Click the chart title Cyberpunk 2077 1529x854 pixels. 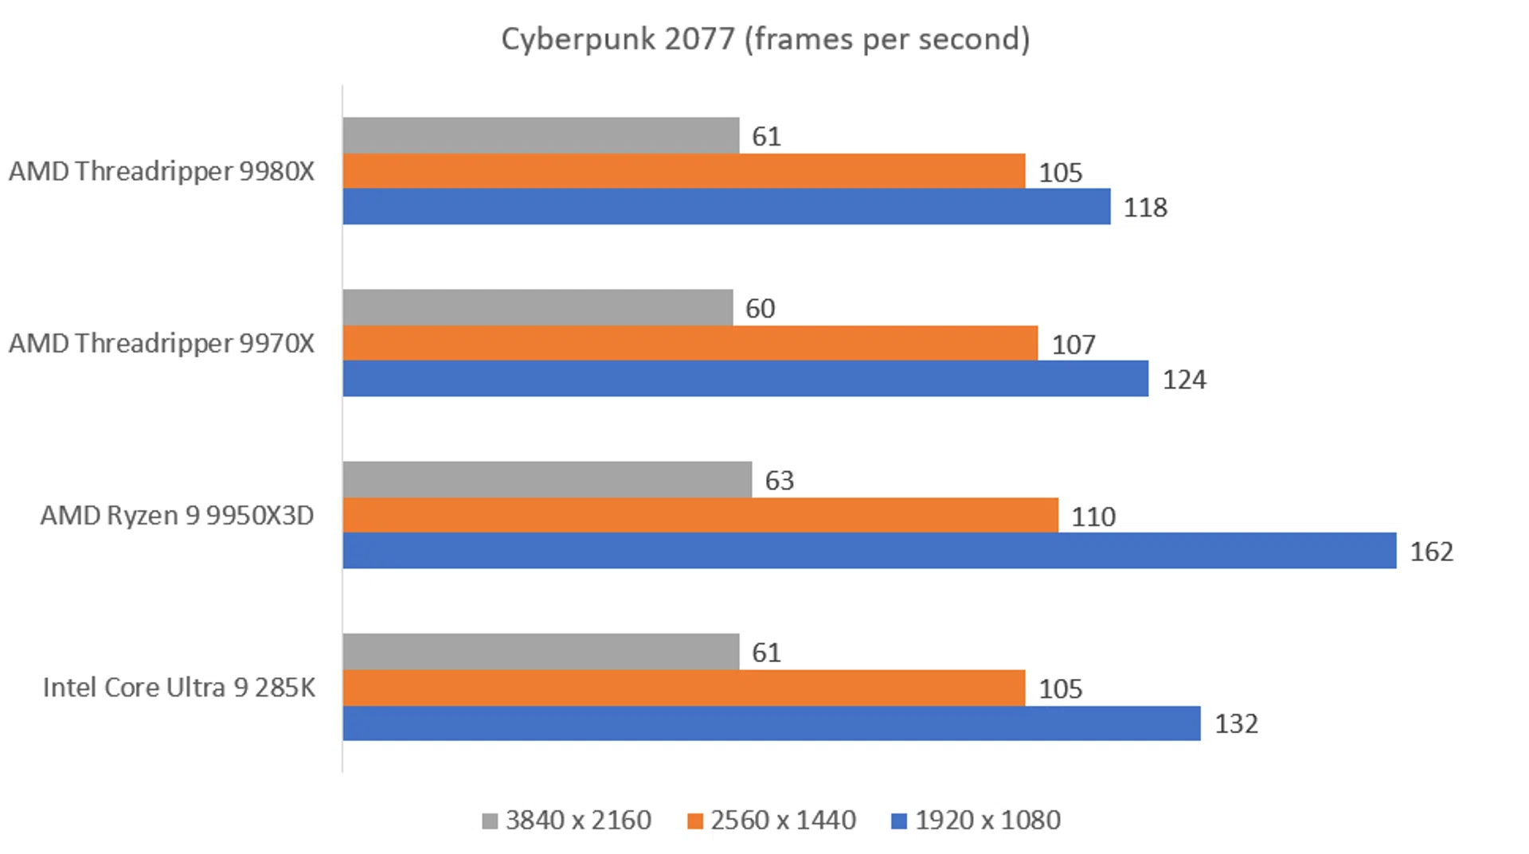pyautogui.click(x=764, y=39)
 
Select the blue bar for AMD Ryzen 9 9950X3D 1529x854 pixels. pyautogui.click(x=869, y=551)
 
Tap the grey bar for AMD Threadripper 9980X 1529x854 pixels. pyautogui.click(x=541, y=135)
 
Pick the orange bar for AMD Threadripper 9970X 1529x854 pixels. pyautogui.click(x=690, y=343)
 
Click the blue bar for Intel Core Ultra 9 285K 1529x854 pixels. pyautogui.click(x=771, y=723)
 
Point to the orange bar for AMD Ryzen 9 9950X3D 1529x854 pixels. pyautogui.click(x=700, y=515)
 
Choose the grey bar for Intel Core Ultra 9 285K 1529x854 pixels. pyautogui.click(x=541, y=652)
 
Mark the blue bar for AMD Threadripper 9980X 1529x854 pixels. pyautogui.click(x=726, y=206)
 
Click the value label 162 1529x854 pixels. pyautogui.click(x=1431, y=552)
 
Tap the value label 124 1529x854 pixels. pyautogui.click(x=1183, y=380)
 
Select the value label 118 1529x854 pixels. pyautogui.click(x=1144, y=208)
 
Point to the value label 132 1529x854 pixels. pyautogui.click(x=1235, y=723)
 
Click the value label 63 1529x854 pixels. pyautogui.click(x=779, y=481)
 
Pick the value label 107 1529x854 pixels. pyautogui.click(x=1073, y=345)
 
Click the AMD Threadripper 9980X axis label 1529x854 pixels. pyautogui.click(x=162, y=171)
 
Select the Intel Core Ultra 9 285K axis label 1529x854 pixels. pyautogui.click(x=178, y=687)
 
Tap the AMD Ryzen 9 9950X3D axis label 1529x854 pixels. pyautogui.click(x=177, y=515)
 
